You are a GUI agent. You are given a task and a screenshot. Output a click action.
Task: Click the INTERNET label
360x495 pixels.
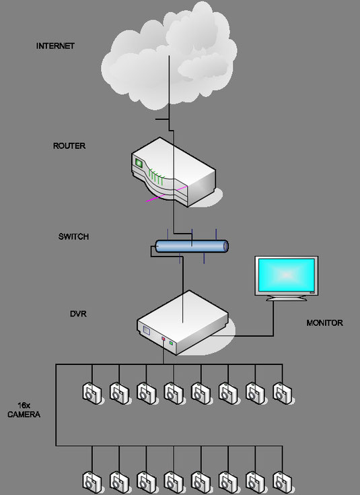(x=55, y=46)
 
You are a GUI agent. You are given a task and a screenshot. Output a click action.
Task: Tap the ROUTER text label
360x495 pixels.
(x=69, y=146)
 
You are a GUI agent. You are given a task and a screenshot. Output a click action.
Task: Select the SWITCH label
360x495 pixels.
(x=73, y=236)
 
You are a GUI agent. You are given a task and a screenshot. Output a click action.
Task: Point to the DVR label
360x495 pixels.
(x=78, y=314)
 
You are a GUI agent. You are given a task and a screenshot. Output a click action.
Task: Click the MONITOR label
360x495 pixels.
(x=324, y=323)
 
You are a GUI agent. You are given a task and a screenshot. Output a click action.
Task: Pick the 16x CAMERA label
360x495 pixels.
(x=24, y=409)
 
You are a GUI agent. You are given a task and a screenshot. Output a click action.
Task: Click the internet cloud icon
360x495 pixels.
(x=169, y=55)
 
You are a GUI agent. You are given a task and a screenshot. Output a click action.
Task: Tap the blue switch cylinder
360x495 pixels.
(x=192, y=246)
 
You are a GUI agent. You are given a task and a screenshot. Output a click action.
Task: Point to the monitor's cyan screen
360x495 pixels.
(x=286, y=275)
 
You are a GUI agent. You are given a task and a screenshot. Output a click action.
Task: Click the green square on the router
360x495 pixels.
(x=139, y=162)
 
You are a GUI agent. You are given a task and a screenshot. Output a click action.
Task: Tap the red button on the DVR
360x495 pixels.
(x=163, y=339)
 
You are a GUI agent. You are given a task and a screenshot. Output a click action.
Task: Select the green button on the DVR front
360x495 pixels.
(x=171, y=343)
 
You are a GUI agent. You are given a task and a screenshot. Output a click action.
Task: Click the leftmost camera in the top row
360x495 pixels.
(x=92, y=393)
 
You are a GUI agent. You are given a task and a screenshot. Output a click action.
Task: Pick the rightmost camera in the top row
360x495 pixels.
(x=283, y=393)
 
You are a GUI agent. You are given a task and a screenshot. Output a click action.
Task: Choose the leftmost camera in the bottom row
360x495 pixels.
(x=92, y=483)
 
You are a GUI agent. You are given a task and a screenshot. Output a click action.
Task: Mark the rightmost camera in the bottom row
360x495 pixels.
(x=283, y=483)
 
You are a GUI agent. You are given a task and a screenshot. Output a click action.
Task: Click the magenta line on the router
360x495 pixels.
(x=167, y=193)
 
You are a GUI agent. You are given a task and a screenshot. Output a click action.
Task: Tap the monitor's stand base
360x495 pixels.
(x=286, y=298)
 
